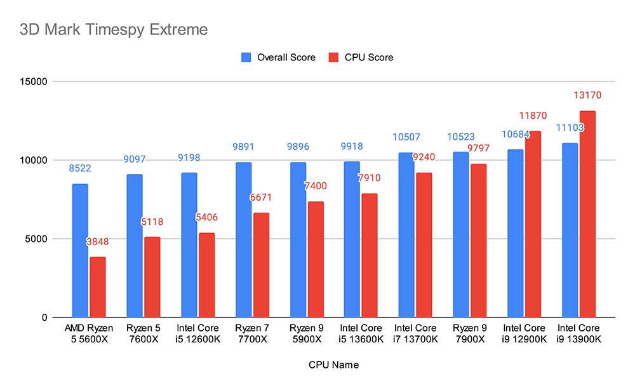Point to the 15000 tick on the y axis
point(36,82)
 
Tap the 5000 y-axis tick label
point(38,239)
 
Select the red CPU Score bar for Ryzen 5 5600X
point(98,287)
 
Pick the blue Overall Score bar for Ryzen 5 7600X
point(134,246)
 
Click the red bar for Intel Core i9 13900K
point(588,214)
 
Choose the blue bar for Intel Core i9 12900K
point(515,233)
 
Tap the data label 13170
point(587,95)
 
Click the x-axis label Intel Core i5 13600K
point(361,333)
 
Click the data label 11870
point(532,115)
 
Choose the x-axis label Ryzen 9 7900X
point(470,333)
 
